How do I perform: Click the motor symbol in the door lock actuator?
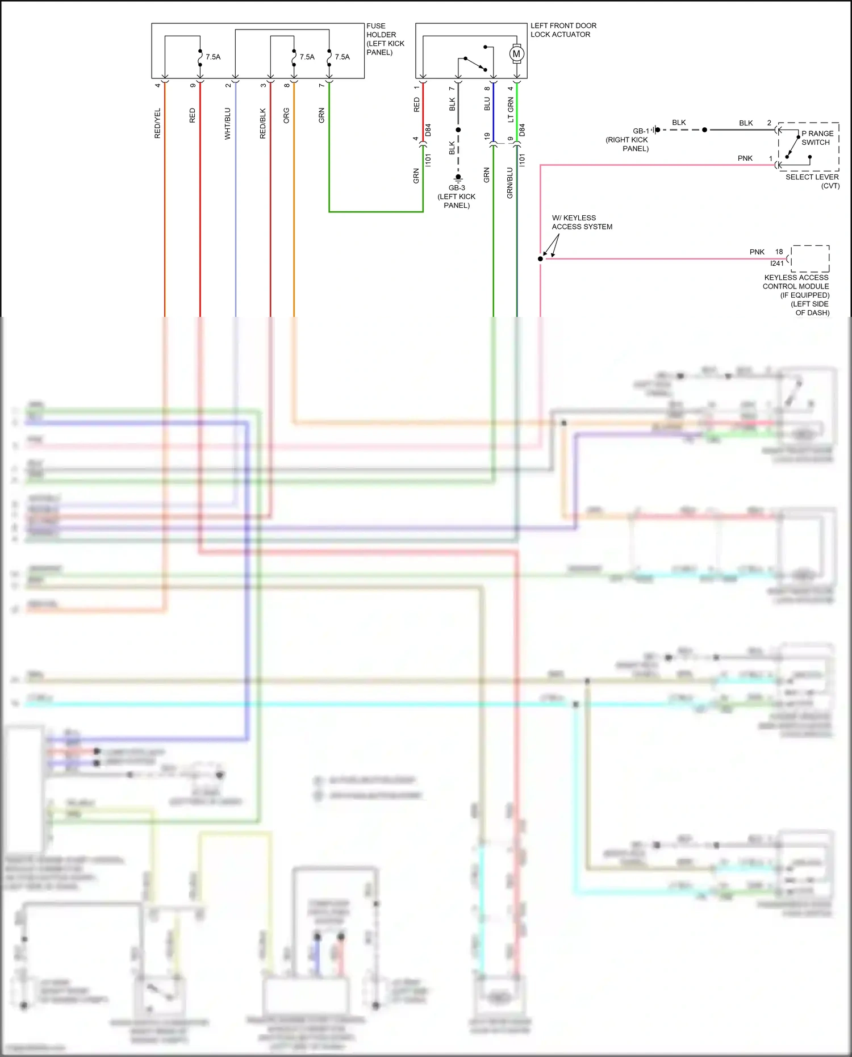516,54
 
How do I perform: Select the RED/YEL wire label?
157,123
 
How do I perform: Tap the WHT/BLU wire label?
228,123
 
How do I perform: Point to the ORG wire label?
286,115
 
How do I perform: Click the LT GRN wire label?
511,110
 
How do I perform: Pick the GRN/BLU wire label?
509,183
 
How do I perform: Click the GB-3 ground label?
457,188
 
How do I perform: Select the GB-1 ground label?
641,131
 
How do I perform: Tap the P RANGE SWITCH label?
817,138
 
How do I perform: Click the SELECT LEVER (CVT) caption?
812,181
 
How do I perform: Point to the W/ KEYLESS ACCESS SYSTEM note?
582,222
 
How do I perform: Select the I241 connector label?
776,264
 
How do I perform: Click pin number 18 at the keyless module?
779,252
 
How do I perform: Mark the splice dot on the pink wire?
540,259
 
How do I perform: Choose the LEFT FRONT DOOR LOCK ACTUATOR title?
563,30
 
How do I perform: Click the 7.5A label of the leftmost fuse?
213,57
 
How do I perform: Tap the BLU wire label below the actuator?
487,104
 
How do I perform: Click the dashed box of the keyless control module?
810,258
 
